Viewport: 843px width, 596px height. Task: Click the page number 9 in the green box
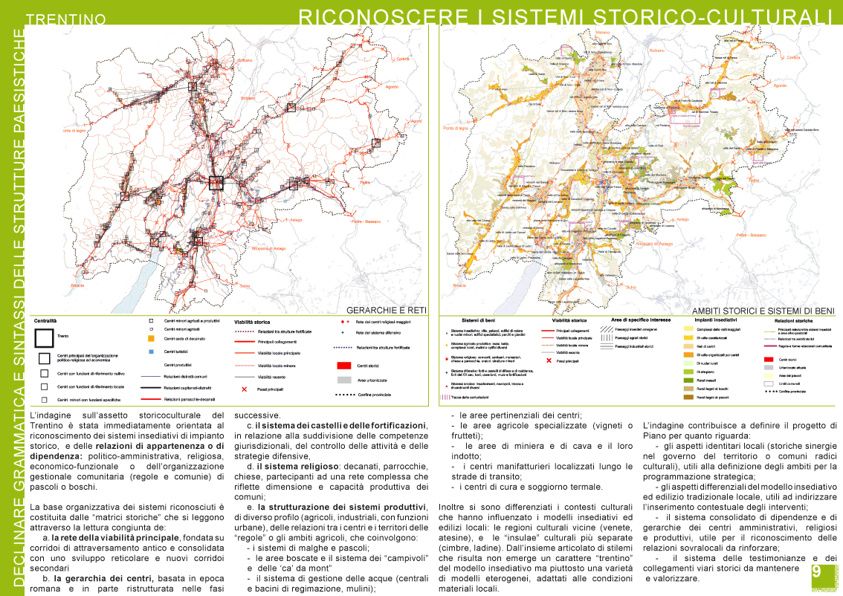tap(816, 571)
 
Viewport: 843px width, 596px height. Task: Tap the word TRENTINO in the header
tap(70, 18)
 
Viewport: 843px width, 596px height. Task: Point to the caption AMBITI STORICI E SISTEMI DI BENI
tap(763, 311)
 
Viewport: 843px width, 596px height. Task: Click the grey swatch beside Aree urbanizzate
tap(343, 380)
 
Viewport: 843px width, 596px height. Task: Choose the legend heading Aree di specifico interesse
tap(641, 320)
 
